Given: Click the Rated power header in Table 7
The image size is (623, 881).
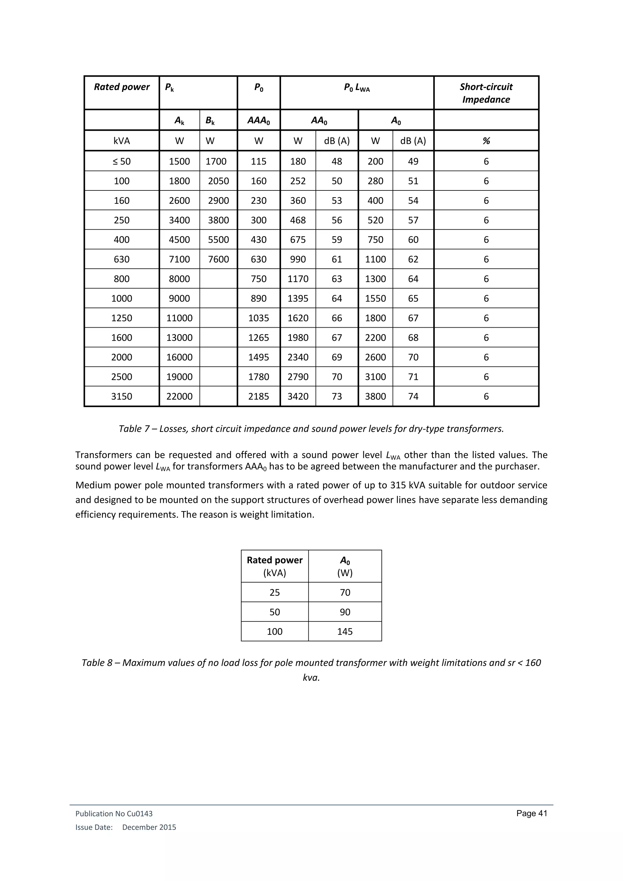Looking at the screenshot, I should click(122, 87).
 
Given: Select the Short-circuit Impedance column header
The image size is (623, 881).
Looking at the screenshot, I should click(486, 93).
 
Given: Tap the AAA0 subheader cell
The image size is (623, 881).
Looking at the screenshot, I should click(259, 120).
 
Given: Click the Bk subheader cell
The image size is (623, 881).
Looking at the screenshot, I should click(210, 120).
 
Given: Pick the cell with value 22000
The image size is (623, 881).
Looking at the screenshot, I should click(179, 396).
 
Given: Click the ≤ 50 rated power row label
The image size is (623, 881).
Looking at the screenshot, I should click(122, 162).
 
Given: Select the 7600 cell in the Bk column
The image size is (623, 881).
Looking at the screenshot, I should click(218, 259).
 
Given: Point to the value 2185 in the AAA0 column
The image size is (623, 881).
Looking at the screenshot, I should click(259, 396).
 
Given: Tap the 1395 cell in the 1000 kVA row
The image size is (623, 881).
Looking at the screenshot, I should click(298, 298).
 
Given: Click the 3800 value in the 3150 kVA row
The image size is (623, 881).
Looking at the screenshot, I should click(375, 396).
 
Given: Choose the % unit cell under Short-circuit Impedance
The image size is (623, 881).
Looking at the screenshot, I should click(486, 141).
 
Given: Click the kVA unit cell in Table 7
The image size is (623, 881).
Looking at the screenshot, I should click(122, 141).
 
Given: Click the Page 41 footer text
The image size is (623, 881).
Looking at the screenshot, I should click(531, 813).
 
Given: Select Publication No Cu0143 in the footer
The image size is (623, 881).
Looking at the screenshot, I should click(114, 813).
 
